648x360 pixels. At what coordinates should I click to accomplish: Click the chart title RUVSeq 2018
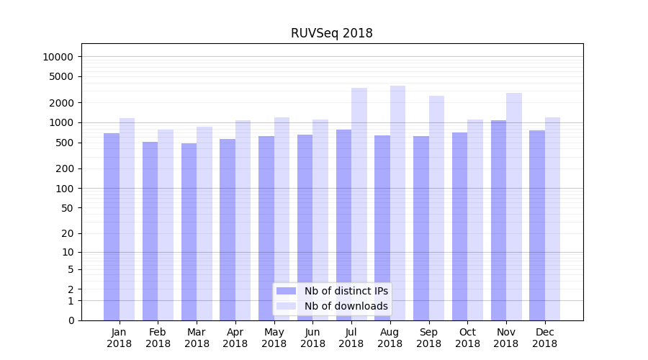pyautogui.click(x=331, y=33)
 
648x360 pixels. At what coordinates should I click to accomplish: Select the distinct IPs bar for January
pyautogui.click(x=112, y=227)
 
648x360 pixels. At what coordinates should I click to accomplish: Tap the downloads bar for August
pyautogui.click(x=397, y=203)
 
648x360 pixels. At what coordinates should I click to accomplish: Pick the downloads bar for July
pyautogui.click(x=359, y=204)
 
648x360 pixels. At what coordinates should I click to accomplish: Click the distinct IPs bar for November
pyautogui.click(x=498, y=220)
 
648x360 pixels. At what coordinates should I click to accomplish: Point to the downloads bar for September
pyautogui.click(x=436, y=208)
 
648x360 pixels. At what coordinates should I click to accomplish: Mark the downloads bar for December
pyautogui.click(x=552, y=219)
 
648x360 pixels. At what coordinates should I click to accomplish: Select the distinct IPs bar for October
pyautogui.click(x=459, y=226)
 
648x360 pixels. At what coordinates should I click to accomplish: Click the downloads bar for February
pyautogui.click(x=166, y=225)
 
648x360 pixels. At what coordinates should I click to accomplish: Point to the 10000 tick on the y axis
pyautogui.click(x=58, y=57)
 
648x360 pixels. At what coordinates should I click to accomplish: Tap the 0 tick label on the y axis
pyautogui.click(x=71, y=320)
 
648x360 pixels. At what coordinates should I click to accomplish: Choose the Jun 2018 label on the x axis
pyautogui.click(x=312, y=338)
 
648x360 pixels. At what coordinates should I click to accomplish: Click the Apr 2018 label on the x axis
pyautogui.click(x=235, y=338)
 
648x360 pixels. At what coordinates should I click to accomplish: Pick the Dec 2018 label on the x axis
pyautogui.click(x=544, y=338)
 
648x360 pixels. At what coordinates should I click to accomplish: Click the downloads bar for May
pyautogui.click(x=282, y=219)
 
